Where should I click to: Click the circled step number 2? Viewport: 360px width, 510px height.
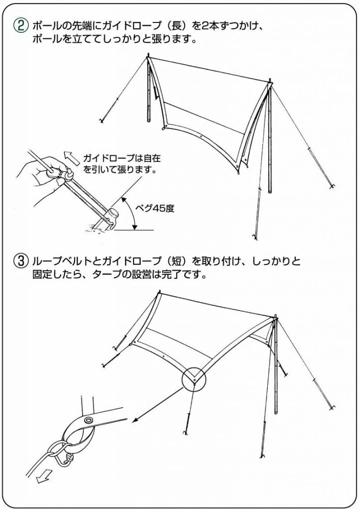tap(20, 25)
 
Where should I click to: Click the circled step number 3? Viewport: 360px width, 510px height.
tap(20, 261)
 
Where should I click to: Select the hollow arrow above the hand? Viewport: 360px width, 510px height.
tap(73, 157)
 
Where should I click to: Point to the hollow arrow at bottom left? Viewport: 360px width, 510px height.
tap(43, 477)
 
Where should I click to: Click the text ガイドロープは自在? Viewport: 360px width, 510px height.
tap(122, 158)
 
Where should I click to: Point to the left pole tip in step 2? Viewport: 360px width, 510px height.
tap(148, 55)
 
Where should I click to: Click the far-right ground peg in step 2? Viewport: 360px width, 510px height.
tap(332, 187)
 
